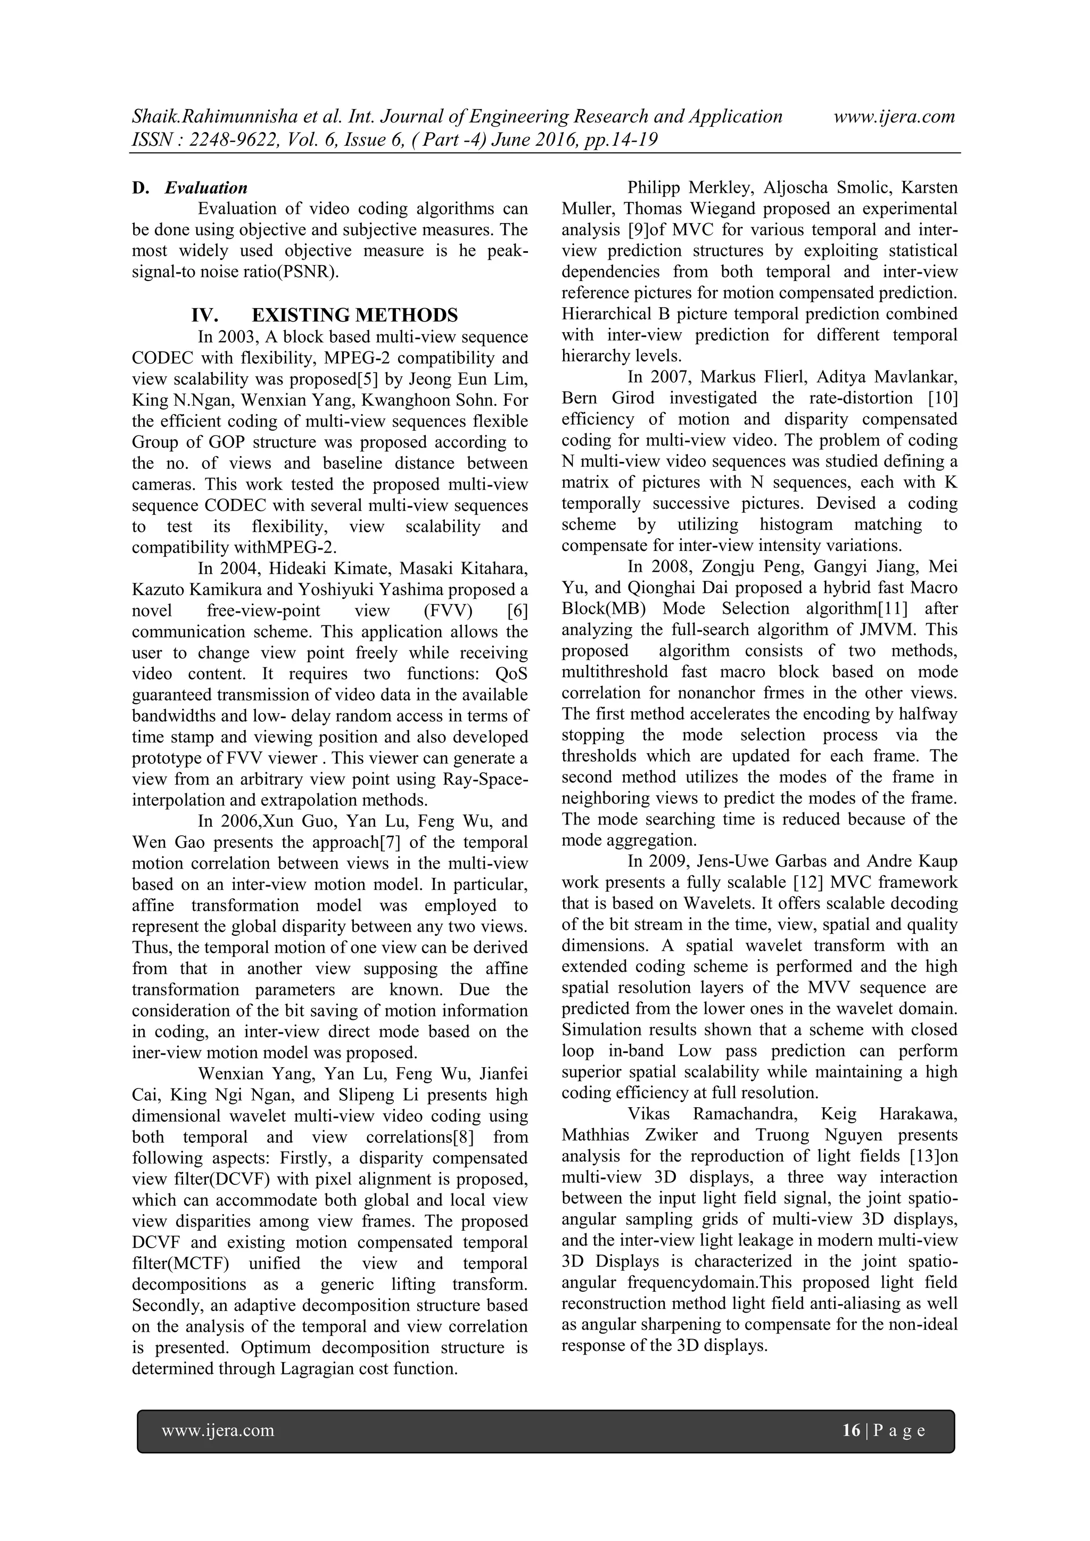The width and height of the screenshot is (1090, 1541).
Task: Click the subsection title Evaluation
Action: pyautogui.click(x=206, y=188)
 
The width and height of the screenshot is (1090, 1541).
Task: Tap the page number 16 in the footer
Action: pyautogui.click(x=851, y=1430)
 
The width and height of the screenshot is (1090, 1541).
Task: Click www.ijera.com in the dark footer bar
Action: pyautogui.click(x=218, y=1430)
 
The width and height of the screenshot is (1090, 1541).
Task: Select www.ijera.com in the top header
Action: pyautogui.click(x=894, y=117)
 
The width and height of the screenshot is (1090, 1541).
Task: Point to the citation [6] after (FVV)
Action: pyautogui.click(x=514, y=611)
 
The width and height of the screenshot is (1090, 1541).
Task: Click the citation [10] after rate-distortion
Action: pyautogui.click(x=943, y=398)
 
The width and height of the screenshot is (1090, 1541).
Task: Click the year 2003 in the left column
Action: pyautogui.click(x=237, y=337)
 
